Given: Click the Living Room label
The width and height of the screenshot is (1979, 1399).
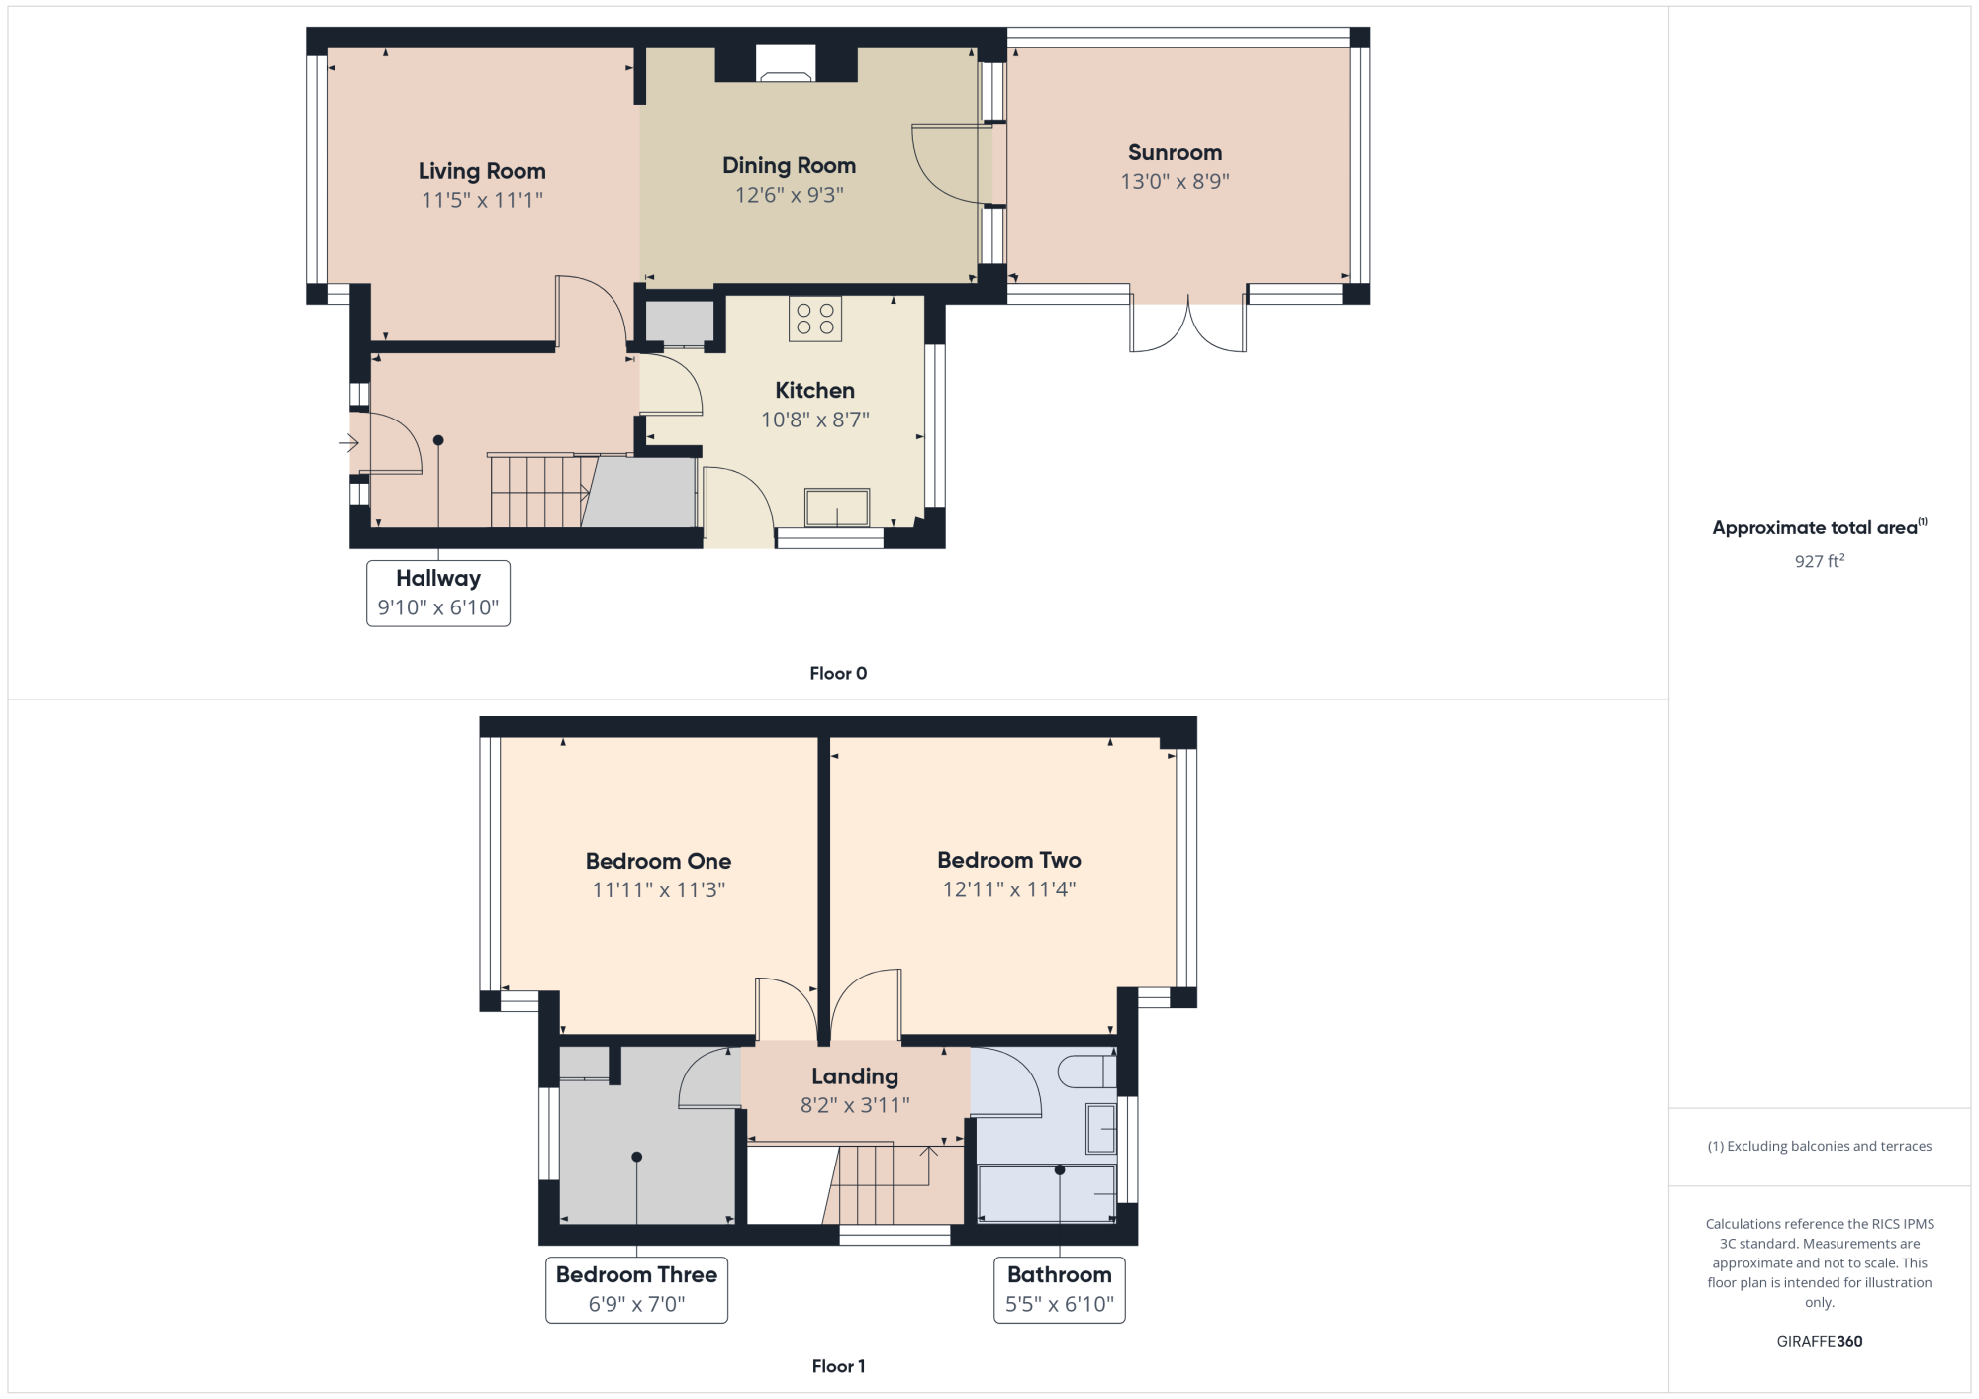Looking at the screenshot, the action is pyautogui.click(x=482, y=171).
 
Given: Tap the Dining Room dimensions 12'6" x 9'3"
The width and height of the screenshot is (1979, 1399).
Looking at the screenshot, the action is pyautogui.click(x=790, y=195).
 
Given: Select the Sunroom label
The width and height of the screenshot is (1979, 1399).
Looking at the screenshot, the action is pyautogui.click(x=1176, y=152).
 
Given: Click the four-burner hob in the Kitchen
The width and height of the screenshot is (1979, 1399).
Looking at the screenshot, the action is pyautogui.click(x=815, y=319).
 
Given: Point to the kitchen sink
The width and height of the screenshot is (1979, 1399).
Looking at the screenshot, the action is pyautogui.click(x=837, y=508).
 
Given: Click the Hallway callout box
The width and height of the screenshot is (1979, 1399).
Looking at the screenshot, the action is pyautogui.click(x=438, y=594).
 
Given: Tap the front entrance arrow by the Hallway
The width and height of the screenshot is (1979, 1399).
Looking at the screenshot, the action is pyautogui.click(x=348, y=443).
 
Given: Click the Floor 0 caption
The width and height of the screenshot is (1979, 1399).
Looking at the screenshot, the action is pyautogui.click(x=838, y=673).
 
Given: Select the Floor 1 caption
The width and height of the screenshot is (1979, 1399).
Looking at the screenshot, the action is pyautogui.click(x=838, y=1366).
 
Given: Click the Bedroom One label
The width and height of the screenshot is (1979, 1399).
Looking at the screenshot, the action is pyautogui.click(x=659, y=861).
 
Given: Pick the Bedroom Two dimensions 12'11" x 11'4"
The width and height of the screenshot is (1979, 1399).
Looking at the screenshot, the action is pyautogui.click(x=1009, y=889).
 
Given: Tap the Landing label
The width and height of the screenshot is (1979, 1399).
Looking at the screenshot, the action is pyautogui.click(x=855, y=1076).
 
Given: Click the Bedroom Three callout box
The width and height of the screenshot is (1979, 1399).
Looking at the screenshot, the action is pyautogui.click(x=637, y=1290).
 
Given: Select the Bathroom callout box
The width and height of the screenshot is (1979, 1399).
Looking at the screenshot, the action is pyautogui.click(x=1060, y=1290).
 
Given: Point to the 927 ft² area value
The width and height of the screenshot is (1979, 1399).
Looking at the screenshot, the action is pyautogui.click(x=1820, y=561).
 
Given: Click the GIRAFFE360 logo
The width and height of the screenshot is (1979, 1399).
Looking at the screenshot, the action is pyautogui.click(x=1820, y=1342).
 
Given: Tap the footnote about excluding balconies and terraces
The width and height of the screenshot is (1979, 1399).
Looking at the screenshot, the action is pyautogui.click(x=1820, y=1146).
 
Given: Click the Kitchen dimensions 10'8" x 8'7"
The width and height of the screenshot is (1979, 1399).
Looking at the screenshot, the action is pyautogui.click(x=815, y=420).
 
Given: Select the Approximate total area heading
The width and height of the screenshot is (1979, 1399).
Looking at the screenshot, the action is pyautogui.click(x=1820, y=527).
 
